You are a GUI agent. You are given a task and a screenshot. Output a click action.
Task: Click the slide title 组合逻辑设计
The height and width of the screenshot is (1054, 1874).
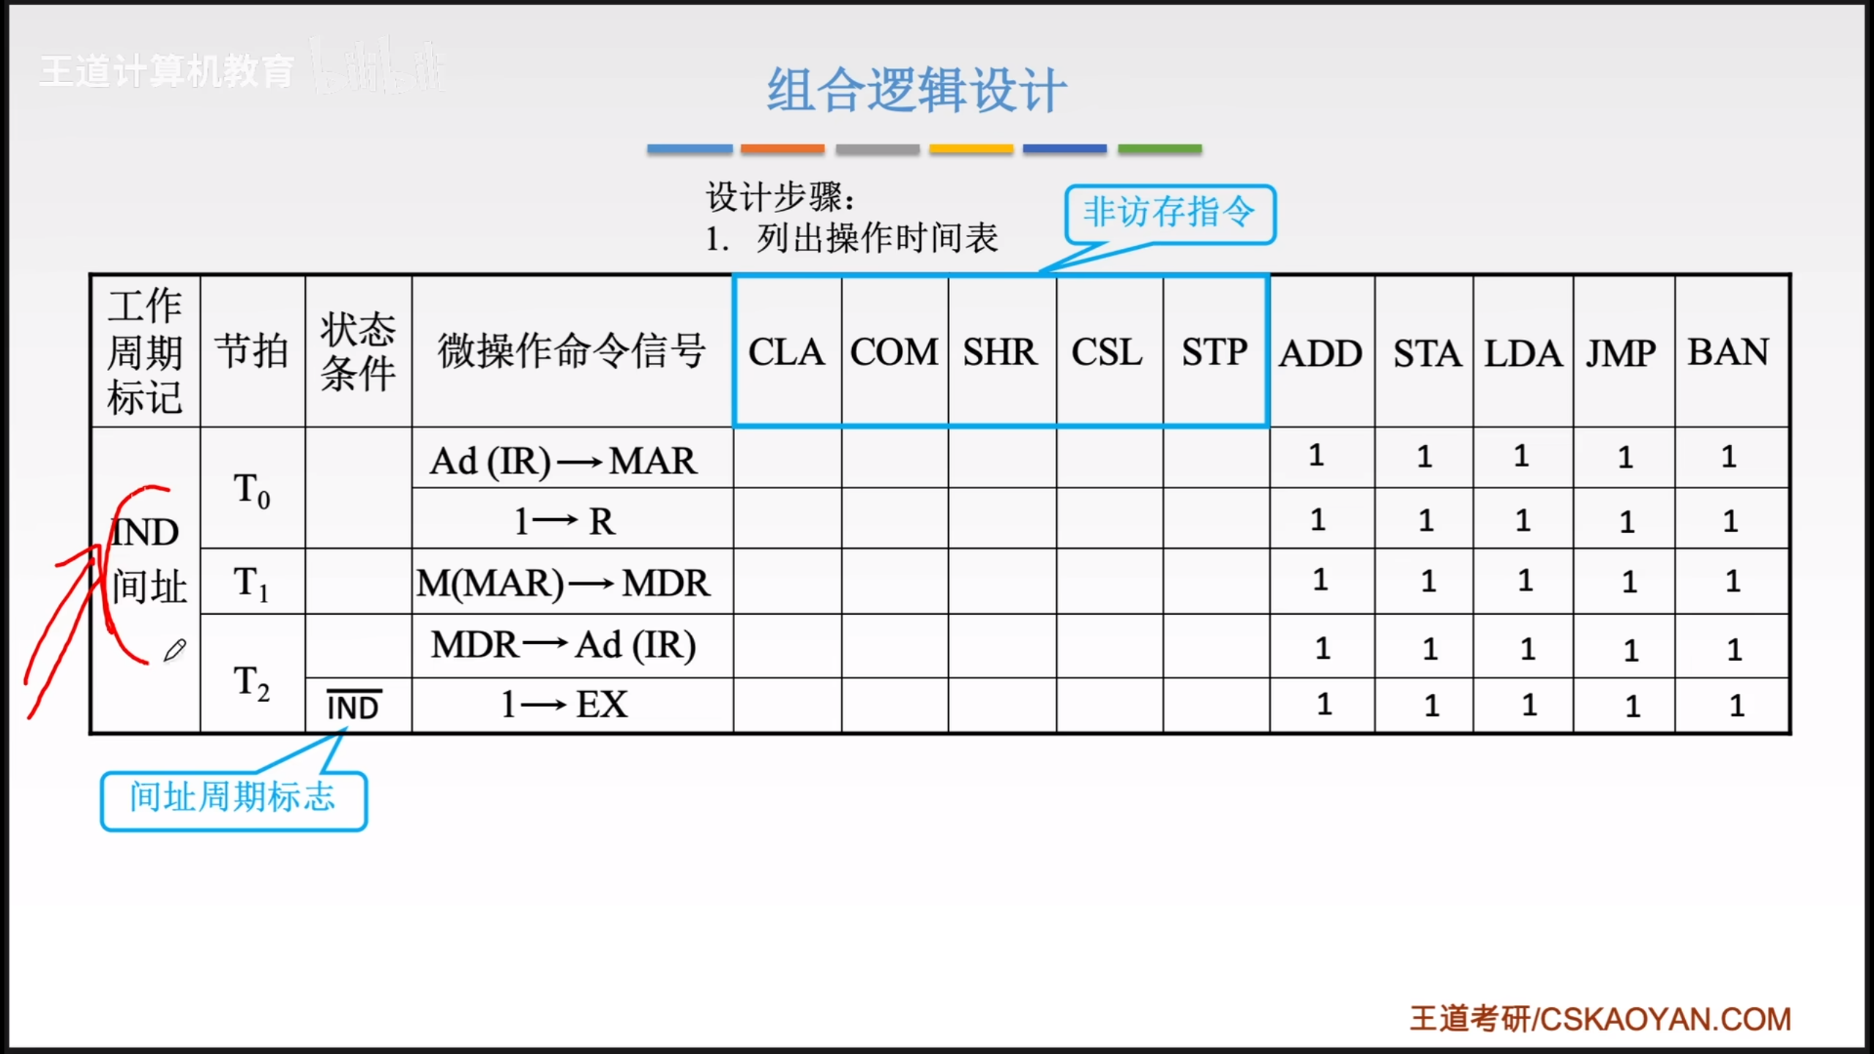tap(917, 90)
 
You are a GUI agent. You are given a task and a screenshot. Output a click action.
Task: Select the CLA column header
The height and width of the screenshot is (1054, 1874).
tap(786, 352)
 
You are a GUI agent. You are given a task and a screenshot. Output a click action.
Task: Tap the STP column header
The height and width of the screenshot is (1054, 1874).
tap(1214, 352)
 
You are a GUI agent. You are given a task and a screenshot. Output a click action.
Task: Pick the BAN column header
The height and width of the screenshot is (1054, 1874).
tap(1728, 352)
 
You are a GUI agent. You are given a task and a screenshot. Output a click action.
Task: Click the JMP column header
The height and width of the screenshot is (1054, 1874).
tap(1621, 354)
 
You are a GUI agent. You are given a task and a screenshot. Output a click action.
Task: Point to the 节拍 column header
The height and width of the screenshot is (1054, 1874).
tap(251, 351)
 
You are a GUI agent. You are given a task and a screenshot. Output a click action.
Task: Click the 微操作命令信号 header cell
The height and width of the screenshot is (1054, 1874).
tap(572, 351)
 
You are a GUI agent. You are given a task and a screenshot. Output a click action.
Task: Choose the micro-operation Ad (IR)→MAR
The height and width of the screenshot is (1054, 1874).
tap(563, 461)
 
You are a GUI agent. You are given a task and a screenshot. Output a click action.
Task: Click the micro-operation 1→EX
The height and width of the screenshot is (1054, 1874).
tap(564, 704)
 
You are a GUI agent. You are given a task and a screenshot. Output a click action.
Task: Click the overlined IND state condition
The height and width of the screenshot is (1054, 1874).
tap(354, 706)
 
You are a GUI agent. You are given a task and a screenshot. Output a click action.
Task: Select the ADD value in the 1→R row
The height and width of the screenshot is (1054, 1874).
tap(1318, 520)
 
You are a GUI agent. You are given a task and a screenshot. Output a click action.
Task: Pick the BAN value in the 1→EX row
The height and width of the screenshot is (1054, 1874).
tap(1736, 706)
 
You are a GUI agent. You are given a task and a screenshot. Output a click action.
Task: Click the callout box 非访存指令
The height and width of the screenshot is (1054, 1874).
tap(1170, 214)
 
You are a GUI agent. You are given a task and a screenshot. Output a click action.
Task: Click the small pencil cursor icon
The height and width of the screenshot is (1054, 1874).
tap(175, 650)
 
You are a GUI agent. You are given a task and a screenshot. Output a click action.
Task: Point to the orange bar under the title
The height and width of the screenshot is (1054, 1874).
tap(783, 149)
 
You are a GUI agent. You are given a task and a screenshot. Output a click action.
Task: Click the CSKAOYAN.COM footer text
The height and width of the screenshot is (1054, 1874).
tap(1666, 1019)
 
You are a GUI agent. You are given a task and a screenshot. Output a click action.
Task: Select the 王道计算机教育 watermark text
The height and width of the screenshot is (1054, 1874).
tap(167, 71)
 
